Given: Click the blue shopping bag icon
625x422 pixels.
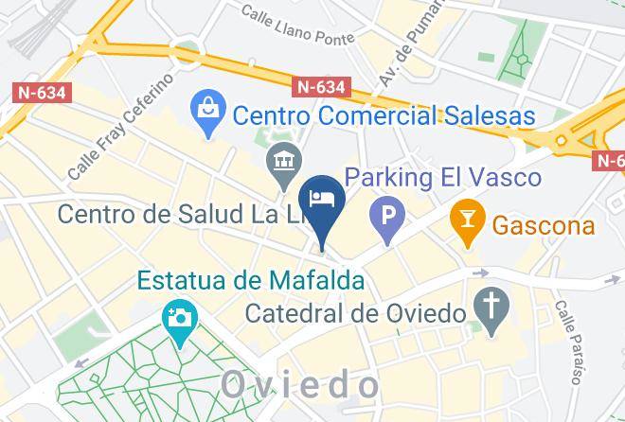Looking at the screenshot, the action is tap(206, 114).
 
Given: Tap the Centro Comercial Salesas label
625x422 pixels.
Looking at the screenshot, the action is tap(384, 116).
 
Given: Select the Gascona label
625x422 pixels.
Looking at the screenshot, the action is tap(544, 226).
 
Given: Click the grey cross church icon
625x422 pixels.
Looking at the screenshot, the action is tap(491, 312).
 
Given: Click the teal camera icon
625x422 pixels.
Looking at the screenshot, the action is tap(178, 316).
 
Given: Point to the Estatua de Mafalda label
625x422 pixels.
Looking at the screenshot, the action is tap(251, 281).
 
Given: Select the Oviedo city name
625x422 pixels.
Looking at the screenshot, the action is tap(300, 384).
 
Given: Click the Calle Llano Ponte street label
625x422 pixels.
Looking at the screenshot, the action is tap(297, 26).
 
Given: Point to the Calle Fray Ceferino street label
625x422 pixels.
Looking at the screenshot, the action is tap(120, 126).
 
